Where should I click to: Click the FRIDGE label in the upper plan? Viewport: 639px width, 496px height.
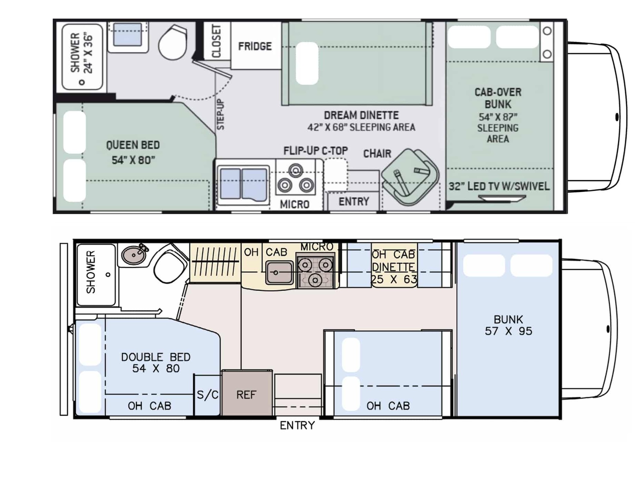click(x=255, y=46)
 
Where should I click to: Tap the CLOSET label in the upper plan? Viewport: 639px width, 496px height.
click(x=216, y=41)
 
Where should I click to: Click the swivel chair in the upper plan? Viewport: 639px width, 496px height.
click(x=410, y=177)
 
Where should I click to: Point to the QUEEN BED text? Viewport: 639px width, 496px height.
click(x=133, y=145)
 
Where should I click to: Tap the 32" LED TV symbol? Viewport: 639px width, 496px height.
click(x=502, y=198)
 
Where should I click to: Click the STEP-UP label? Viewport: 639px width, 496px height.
click(x=220, y=115)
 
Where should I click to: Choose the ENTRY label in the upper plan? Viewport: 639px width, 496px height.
click(x=354, y=201)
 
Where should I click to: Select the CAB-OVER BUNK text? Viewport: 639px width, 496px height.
click(x=498, y=98)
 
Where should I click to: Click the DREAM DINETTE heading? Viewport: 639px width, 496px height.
click(x=361, y=115)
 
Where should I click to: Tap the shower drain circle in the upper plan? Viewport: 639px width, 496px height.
click(x=82, y=82)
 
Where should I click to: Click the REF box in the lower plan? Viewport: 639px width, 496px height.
click(x=247, y=393)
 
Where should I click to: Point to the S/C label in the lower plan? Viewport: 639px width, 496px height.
click(x=207, y=395)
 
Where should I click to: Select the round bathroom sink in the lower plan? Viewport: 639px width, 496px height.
click(x=133, y=255)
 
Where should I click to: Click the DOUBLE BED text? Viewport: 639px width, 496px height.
click(x=156, y=357)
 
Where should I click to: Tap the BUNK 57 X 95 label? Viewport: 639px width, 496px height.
click(x=508, y=325)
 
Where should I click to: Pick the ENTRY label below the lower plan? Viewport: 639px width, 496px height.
click(x=297, y=425)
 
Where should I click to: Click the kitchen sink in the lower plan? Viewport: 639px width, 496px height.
click(x=279, y=272)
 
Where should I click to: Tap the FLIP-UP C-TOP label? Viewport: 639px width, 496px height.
click(x=315, y=151)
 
